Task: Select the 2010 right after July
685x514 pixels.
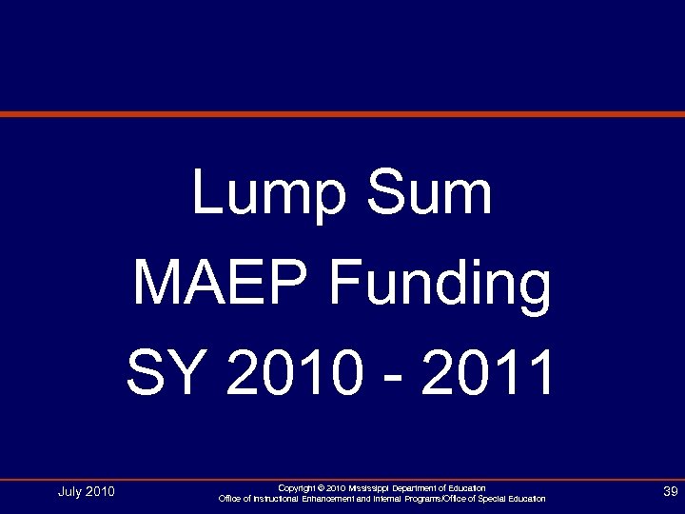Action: [100, 492]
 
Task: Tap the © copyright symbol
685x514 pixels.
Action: [323, 488]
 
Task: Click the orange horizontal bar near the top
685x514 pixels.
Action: [342, 114]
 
